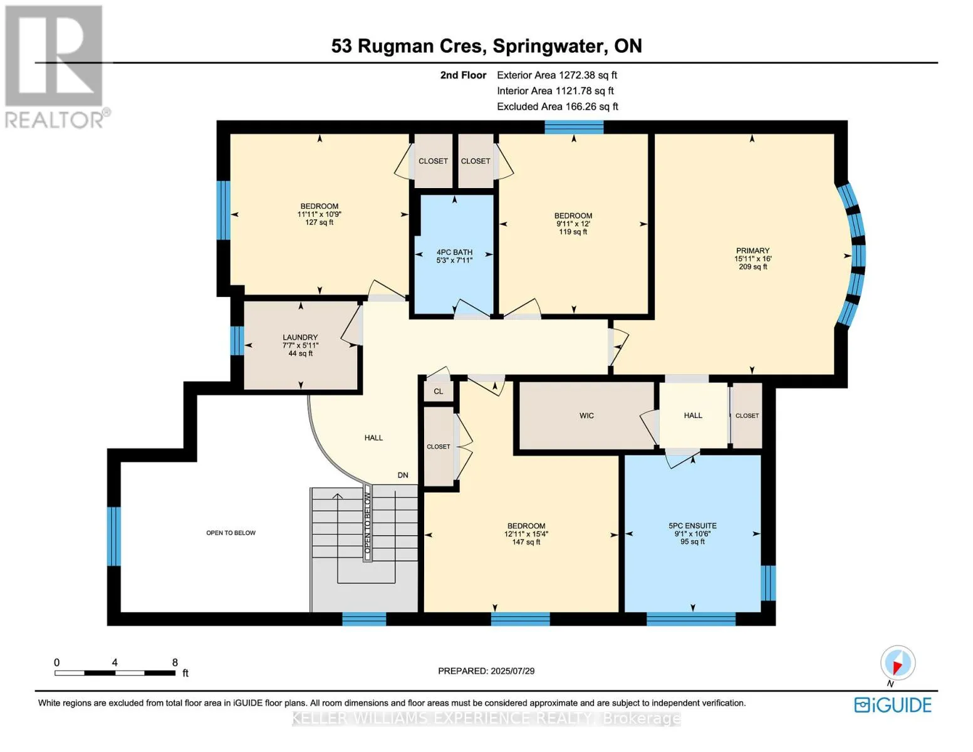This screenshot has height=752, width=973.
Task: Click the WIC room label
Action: click(586, 415)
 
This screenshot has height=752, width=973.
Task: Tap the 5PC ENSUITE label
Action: click(692, 526)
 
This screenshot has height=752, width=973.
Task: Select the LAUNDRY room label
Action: click(300, 337)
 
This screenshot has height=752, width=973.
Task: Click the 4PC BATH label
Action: click(454, 252)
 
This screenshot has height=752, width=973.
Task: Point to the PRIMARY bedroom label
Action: click(752, 251)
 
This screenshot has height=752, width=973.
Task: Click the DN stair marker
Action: click(402, 475)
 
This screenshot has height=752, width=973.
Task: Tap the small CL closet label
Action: click(439, 392)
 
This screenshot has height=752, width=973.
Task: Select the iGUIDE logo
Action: click(892, 705)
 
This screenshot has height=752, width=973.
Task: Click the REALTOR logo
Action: click(55, 66)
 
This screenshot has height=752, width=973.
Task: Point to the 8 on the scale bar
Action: click(175, 662)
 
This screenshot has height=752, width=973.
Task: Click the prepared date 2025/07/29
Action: click(513, 671)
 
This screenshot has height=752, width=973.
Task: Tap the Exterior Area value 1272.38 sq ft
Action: click(585, 75)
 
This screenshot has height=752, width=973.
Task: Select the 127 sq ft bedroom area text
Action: click(320, 222)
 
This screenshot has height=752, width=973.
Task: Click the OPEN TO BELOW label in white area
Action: click(231, 533)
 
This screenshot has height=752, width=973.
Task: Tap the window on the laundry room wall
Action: click(237, 341)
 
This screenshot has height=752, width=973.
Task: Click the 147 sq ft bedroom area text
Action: click(526, 543)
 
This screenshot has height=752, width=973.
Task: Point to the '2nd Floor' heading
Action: click(463, 75)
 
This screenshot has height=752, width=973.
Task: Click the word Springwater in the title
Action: click(548, 46)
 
